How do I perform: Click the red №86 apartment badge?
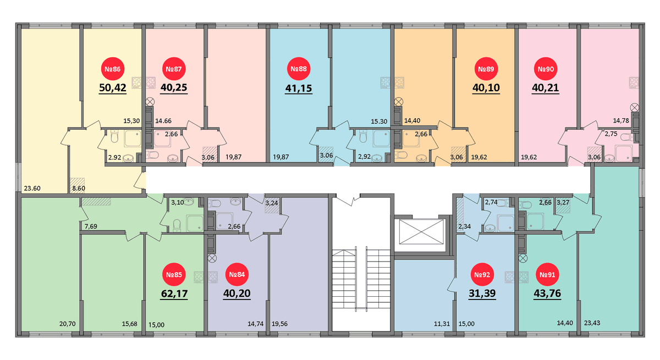[113, 69]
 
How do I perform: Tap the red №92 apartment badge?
[482, 275]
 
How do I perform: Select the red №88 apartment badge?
[299, 69]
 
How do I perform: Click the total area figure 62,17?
[174, 293]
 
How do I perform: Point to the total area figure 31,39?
[482, 293]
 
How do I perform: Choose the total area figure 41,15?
[299, 88]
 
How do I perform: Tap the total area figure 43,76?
[547, 293]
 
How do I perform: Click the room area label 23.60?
[32, 189]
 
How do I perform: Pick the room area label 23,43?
[592, 323]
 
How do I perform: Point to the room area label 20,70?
[68, 324]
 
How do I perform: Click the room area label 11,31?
[442, 324]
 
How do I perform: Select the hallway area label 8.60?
[79, 189]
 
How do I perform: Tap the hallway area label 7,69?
[91, 226]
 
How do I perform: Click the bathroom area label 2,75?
[611, 134]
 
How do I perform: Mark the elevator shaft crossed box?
[421, 231]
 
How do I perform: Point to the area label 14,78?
[621, 121]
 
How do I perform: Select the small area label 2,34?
[464, 226]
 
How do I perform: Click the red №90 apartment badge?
[546, 69]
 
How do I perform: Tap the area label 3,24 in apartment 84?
[271, 203]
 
